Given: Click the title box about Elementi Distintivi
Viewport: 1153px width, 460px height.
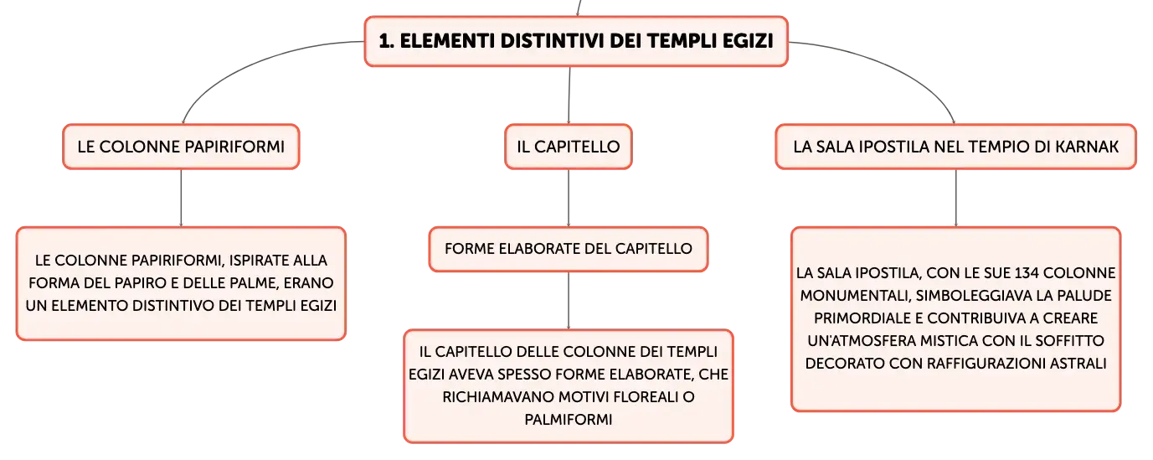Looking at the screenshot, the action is coord(576,41).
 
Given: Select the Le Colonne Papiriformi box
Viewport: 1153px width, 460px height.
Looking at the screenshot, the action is coord(181,147).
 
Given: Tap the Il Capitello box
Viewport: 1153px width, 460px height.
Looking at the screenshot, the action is coord(569,147).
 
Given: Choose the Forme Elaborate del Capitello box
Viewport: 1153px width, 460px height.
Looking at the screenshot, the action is coord(569,249).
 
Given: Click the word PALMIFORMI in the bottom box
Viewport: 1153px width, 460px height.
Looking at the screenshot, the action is coord(569,420).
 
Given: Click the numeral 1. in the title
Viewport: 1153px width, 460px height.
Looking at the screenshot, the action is coord(387,41).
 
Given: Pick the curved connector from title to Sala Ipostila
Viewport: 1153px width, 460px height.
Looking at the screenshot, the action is coord(896,64).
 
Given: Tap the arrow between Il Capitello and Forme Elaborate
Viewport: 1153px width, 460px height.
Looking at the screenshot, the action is coord(569,198).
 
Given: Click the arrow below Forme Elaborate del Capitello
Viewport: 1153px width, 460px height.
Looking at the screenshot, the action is coord(569,301).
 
